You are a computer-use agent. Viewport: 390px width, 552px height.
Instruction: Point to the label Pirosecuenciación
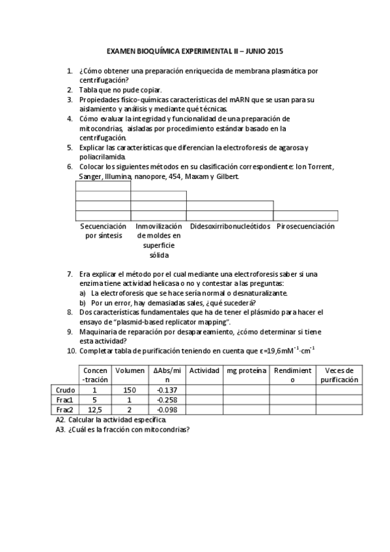pyautogui.click(x=305, y=227)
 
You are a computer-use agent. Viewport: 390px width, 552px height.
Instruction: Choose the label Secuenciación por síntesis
pyautogui.click(x=103, y=230)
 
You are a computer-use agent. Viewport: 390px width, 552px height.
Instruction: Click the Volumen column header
pyautogui.click(x=130, y=370)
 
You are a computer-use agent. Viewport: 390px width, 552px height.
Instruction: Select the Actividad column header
pyautogui.click(x=204, y=370)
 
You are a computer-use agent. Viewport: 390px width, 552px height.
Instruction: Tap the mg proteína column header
pyautogui.click(x=246, y=370)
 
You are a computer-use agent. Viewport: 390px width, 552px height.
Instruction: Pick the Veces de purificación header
pyautogui.click(x=339, y=374)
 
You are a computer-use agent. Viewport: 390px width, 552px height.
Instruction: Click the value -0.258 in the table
pyautogui.click(x=167, y=400)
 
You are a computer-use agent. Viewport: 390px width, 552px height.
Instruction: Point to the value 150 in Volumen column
pyautogui.click(x=130, y=389)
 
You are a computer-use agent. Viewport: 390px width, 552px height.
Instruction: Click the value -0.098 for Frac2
pyautogui.click(x=167, y=409)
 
